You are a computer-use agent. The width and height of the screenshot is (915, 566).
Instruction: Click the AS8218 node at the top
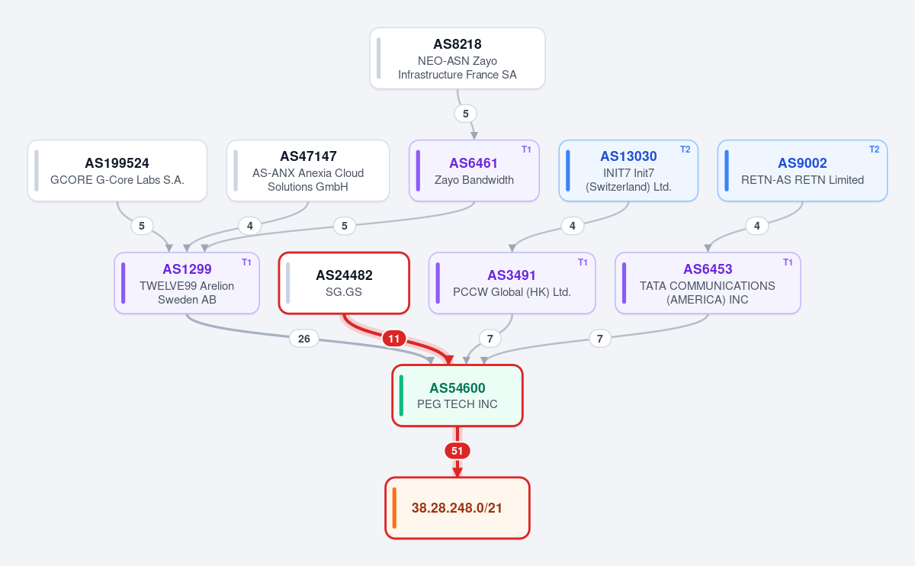(457, 59)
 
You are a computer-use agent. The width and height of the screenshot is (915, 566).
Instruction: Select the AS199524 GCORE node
(117, 171)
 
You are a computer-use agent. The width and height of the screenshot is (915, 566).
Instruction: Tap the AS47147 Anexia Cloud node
(308, 171)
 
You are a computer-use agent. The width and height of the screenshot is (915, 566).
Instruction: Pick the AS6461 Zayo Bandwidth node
(474, 171)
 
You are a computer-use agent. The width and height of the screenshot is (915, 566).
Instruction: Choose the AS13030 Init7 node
(628, 171)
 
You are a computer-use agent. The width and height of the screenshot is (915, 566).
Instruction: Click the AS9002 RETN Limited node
(802, 171)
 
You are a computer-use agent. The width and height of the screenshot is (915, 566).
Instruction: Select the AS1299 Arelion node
(187, 283)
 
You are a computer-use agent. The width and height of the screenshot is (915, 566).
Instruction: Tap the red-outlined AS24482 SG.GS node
(344, 283)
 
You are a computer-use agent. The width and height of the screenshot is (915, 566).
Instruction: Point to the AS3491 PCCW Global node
(512, 283)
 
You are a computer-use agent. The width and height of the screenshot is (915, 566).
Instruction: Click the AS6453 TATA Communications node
(708, 283)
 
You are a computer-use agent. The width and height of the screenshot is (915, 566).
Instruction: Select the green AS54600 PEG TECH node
(457, 396)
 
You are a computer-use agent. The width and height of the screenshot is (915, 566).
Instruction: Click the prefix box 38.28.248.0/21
(457, 508)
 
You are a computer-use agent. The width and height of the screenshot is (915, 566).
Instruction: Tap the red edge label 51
(457, 451)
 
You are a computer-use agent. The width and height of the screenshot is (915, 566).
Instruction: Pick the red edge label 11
(393, 339)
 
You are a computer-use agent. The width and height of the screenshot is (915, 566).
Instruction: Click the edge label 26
(304, 339)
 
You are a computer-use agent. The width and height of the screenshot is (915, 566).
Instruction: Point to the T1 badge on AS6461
(526, 150)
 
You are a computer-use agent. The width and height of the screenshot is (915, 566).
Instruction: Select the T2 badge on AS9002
(874, 150)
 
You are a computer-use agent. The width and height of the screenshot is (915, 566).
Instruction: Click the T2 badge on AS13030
(685, 150)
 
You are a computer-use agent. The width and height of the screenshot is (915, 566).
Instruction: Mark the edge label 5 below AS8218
(465, 114)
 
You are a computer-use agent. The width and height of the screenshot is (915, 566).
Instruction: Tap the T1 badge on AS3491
(583, 262)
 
